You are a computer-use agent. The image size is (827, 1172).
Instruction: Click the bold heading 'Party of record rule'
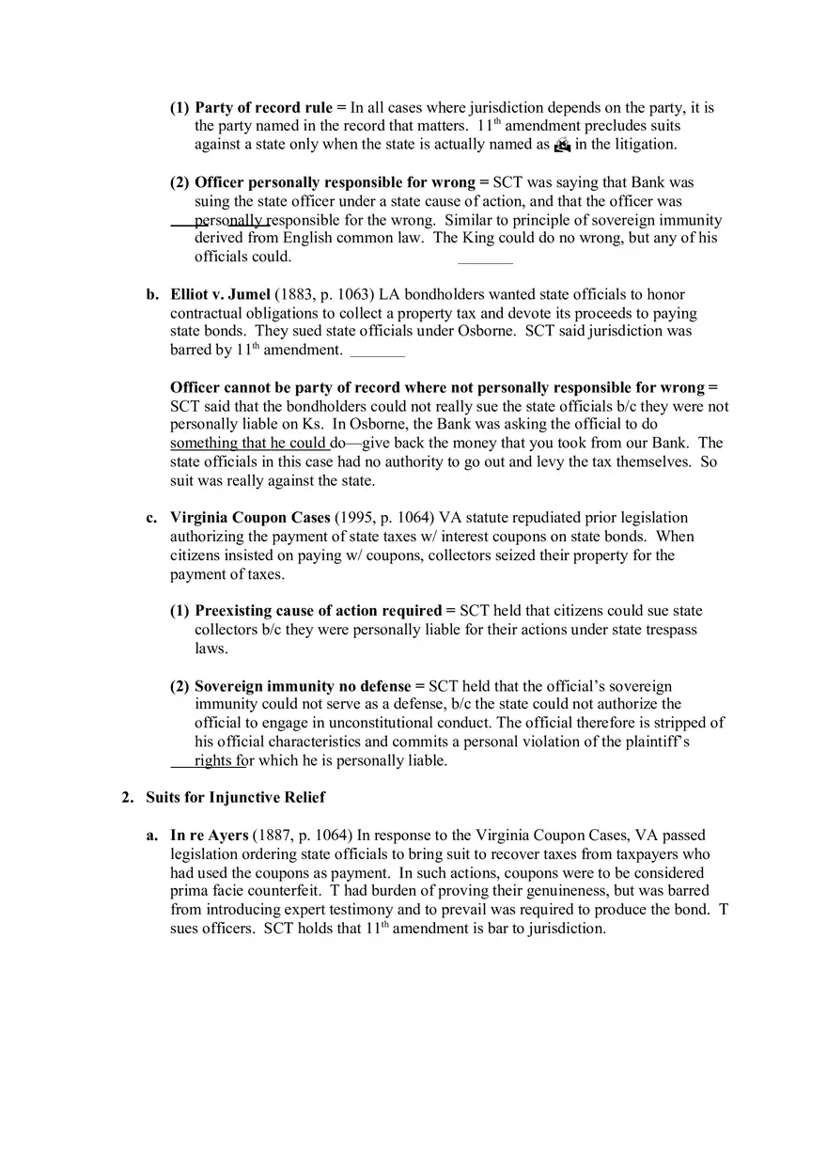(263, 108)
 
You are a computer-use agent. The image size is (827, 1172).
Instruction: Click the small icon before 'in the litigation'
(562, 145)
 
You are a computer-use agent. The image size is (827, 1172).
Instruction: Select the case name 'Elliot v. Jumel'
(220, 295)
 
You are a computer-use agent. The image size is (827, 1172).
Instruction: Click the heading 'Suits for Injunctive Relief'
(235, 798)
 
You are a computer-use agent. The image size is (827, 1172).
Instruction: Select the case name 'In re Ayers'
(209, 836)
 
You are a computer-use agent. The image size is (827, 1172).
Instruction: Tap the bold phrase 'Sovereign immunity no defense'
(303, 687)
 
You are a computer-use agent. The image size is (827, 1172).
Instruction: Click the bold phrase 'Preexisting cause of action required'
(318, 612)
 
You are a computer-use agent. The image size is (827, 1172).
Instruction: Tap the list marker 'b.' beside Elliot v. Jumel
(152, 295)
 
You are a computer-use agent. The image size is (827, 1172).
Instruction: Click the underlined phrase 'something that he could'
(249, 444)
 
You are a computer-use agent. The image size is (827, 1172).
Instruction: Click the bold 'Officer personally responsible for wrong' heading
(334, 183)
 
